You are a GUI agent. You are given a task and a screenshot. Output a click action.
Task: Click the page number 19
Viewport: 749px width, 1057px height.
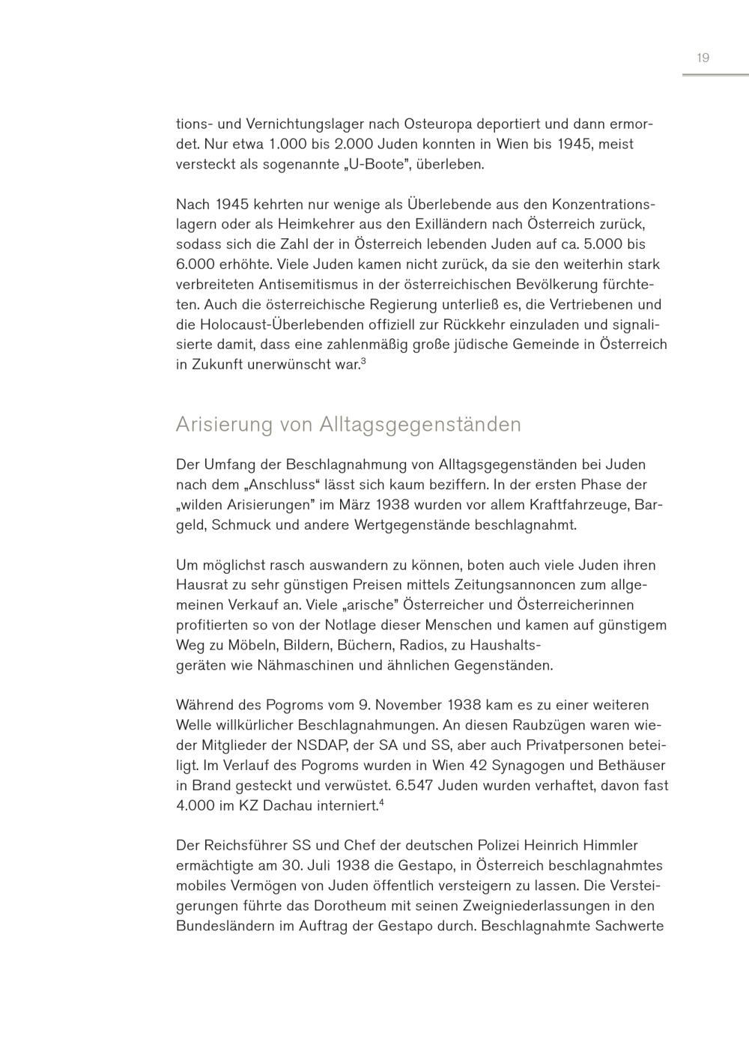703,58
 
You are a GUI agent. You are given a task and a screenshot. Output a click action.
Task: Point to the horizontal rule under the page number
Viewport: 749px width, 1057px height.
715,75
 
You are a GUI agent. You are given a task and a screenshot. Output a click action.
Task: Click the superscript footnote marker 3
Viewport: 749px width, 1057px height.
363,362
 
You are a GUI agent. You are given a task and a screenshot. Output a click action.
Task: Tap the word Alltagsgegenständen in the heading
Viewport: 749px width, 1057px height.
419,425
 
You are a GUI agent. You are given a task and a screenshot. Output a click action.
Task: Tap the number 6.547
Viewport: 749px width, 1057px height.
410,786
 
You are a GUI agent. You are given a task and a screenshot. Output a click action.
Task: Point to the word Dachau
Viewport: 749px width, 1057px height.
285,806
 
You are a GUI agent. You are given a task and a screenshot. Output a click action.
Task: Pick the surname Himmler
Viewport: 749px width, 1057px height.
605,846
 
